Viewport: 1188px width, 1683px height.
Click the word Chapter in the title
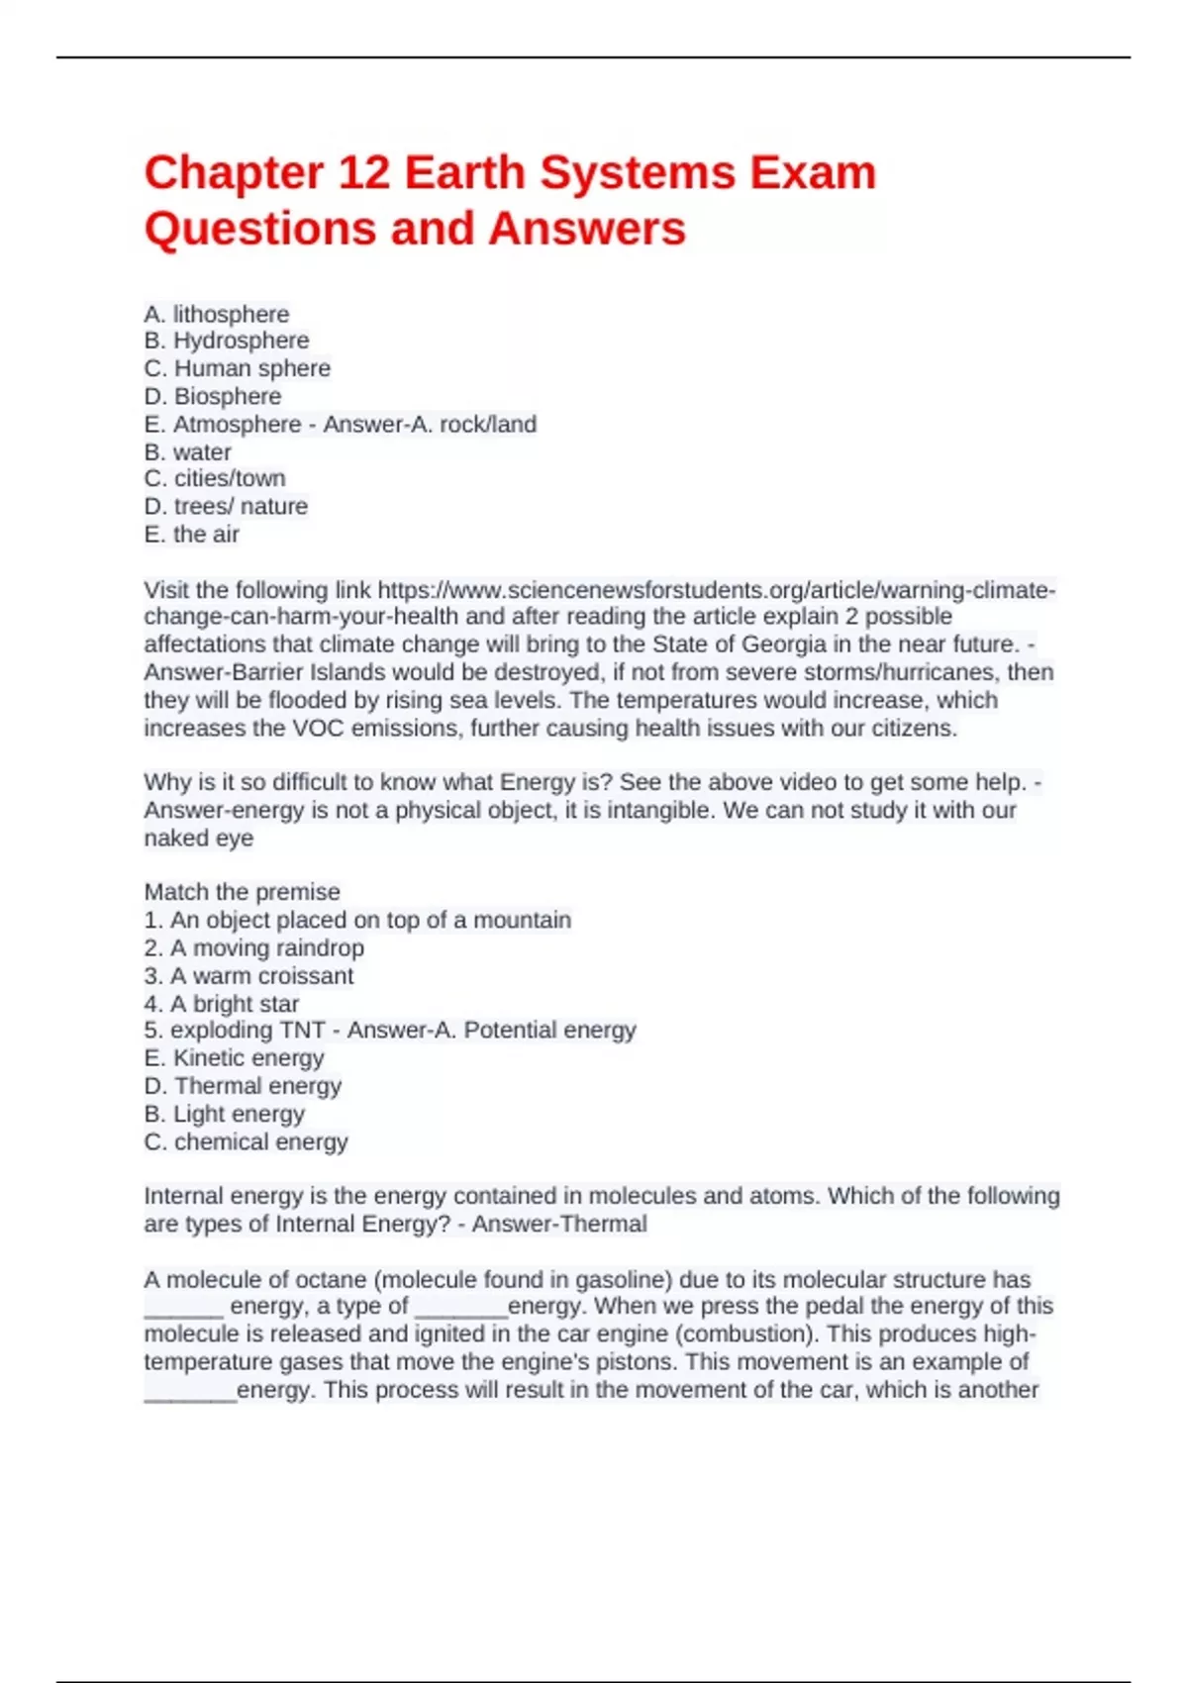click(234, 173)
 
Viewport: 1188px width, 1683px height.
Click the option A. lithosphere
click(217, 314)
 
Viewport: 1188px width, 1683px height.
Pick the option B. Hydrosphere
click(227, 341)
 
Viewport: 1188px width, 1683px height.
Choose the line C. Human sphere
click(238, 368)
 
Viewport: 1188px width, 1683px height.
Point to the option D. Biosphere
click(213, 396)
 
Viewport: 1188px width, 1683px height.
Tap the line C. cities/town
click(215, 478)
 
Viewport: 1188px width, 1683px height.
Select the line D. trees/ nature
click(226, 506)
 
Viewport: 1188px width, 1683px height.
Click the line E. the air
click(192, 535)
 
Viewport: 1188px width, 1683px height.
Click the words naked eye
click(199, 839)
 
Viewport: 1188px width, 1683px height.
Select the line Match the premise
click(242, 892)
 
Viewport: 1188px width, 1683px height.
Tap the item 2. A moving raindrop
click(254, 948)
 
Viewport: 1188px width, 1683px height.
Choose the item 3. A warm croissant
click(248, 976)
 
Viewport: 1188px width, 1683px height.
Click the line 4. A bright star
click(222, 1004)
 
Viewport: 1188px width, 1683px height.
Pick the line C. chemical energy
click(247, 1142)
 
